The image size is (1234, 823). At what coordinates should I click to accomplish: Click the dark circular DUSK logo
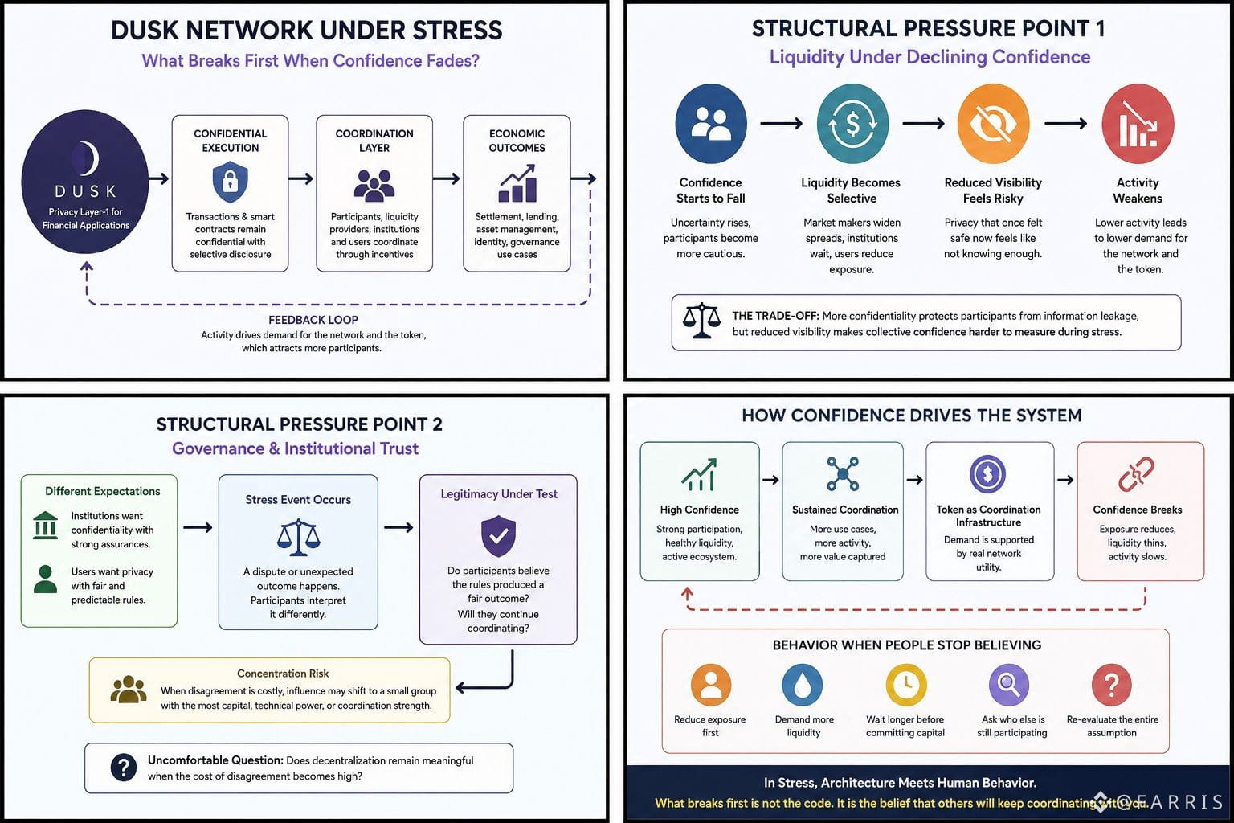click(85, 182)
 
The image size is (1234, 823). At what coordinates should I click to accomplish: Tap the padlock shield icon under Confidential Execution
click(230, 182)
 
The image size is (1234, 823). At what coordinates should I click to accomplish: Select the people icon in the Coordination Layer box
click(374, 185)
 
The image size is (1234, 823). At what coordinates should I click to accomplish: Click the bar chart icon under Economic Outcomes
click(517, 183)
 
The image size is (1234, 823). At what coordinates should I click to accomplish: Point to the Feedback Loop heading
click(313, 320)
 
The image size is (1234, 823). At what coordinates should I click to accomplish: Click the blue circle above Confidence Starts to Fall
click(711, 124)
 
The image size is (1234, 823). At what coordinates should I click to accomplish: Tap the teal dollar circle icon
click(852, 124)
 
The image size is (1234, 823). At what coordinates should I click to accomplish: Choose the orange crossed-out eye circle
click(993, 124)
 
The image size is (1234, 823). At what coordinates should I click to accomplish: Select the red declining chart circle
click(1138, 124)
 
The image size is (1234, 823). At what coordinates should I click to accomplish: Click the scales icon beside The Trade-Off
click(701, 321)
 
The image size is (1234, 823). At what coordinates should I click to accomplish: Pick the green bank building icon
click(45, 526)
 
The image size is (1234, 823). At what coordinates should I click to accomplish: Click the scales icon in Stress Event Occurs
click(298, 537)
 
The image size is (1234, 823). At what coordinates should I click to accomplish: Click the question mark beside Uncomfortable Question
click(124, 768)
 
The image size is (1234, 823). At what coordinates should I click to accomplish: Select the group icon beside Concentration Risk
click(129, 690)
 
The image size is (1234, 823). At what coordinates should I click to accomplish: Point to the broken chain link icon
click(1136, 473)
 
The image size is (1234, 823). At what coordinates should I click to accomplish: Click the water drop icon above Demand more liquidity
click(802, 685)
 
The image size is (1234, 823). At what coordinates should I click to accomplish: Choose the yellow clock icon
click(906, 685)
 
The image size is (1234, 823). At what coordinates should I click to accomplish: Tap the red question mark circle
click(1112, 685)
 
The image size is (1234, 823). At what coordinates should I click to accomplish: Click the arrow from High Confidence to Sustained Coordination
click(770, 480)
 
